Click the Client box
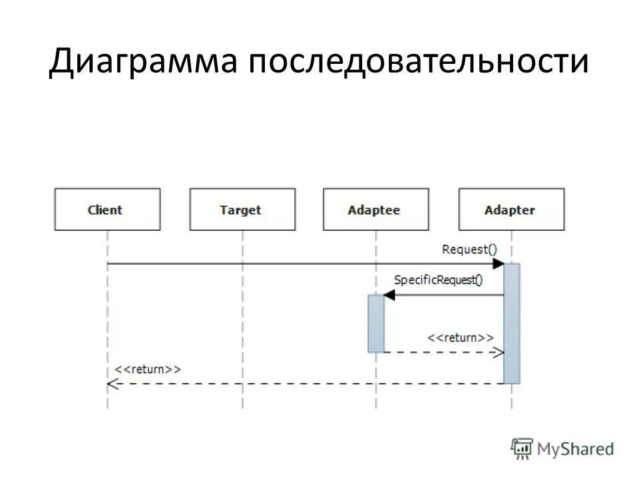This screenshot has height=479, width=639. [x=106, y=210]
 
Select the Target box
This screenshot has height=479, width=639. [x=242, y=210]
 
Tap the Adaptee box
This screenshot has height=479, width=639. [x=375, y=210]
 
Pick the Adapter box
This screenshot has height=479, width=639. [x=511, y=210]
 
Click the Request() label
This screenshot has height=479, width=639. [x=469, y=249]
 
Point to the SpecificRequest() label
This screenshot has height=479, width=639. [x=439, y=280]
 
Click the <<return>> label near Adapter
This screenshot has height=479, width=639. [x=460, y=338]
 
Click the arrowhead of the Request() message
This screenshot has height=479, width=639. [x=498, y=264]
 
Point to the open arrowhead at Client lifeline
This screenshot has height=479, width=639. [x=112, y=384]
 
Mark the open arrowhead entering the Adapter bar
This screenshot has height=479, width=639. [x=497, y=353]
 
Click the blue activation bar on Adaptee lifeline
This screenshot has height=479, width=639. [x=376, y=323]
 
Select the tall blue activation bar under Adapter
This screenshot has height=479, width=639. [x=511, y=323]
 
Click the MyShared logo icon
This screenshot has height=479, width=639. [x=523, y=448]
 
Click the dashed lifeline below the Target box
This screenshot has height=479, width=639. [x=242, y=319]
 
